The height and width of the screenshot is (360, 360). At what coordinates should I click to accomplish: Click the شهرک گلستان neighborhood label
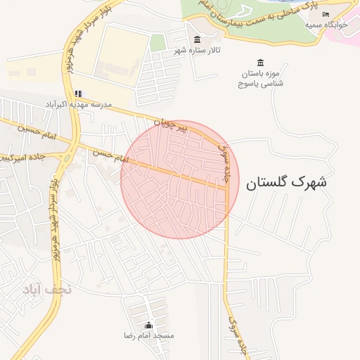click(286, 182)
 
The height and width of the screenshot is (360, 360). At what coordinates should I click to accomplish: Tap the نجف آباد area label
click(42, 289)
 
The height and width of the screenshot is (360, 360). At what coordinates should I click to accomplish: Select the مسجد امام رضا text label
click(148, 336)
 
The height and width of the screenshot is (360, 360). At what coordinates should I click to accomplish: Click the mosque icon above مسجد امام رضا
click(148, 325)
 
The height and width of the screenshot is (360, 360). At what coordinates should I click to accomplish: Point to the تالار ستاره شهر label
click(198, 51)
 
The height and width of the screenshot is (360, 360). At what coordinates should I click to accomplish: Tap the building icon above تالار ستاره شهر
click(197, 40)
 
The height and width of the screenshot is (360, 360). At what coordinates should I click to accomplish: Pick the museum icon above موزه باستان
click(261, 63)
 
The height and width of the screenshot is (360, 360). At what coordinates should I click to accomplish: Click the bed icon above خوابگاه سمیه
click(326, 14)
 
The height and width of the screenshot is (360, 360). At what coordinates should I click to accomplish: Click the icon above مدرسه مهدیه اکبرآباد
click(78, 94)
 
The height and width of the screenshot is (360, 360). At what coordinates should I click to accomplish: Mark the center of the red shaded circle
click(180, 180)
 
